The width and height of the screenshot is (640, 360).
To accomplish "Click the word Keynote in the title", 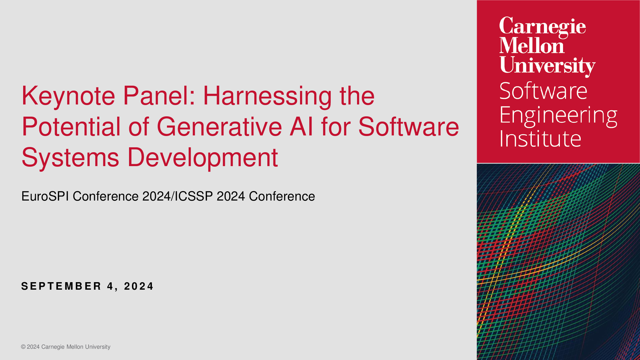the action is point(69,96).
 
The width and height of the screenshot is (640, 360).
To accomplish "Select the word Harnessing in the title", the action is point(267,96).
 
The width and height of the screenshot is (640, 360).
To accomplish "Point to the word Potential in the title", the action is point(71,126).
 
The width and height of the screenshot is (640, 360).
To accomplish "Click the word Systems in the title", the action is point(70,158).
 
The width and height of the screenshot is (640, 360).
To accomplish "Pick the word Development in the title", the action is point(203,158).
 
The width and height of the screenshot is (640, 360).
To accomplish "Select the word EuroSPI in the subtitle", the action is point(45,196).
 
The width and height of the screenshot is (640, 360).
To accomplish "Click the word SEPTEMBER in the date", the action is point(61,286).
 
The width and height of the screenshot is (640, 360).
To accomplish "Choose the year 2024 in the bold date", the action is point(139,286).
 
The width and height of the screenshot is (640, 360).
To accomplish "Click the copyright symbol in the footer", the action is point(23,347).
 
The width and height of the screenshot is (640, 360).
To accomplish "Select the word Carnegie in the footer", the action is point(53,347).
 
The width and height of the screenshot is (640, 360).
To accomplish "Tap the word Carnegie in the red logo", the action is point(543,27).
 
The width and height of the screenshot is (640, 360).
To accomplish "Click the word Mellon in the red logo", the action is point(532,45).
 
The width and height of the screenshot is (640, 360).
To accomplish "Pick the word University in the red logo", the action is point(547,65).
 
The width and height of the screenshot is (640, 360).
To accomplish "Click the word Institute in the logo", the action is point(540,138).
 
